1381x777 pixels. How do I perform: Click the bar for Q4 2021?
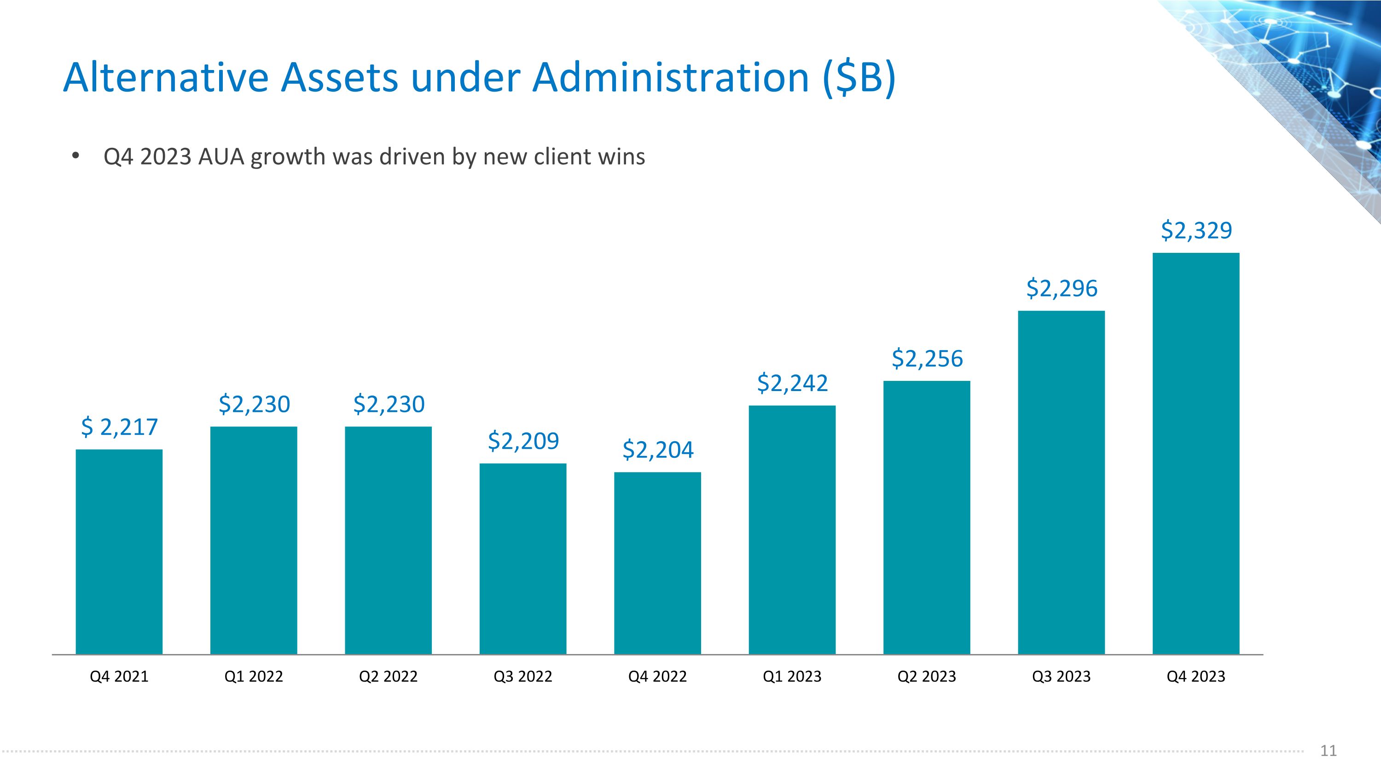point(119,552)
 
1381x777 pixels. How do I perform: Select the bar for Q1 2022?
point(254,541)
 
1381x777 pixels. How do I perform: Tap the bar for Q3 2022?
point(522,559)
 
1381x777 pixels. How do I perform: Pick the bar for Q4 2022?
point(657,563)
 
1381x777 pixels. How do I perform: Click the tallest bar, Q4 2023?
point(1196,454)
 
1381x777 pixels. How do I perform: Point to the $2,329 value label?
point(1196,231)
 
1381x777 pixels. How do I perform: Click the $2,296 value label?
point(1062,288)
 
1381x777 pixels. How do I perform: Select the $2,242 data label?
point(792,383)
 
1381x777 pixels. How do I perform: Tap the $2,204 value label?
point(658,450)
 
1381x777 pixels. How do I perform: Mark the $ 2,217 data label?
point(119,427)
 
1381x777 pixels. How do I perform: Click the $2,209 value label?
point(523,441)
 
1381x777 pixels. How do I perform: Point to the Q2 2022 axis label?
point(388,677)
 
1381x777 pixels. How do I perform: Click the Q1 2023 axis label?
point(792,677)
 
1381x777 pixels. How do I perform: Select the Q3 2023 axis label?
point(1062,677)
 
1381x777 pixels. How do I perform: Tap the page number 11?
point(1329,751)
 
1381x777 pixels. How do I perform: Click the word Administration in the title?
point(670,78)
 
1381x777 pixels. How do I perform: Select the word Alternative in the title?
point(166,78)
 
